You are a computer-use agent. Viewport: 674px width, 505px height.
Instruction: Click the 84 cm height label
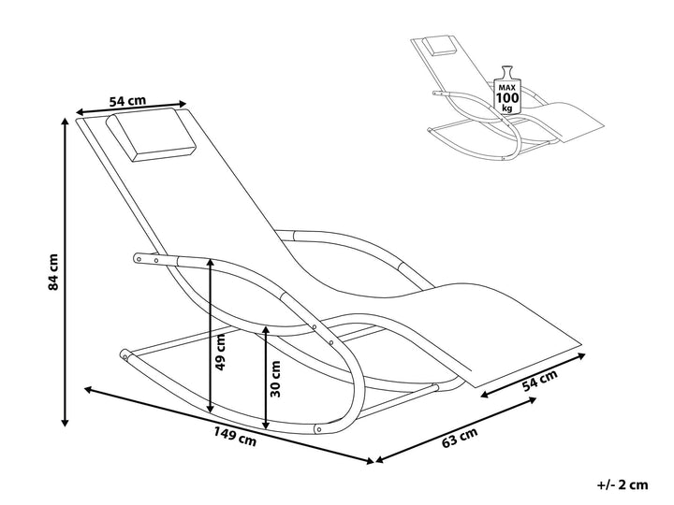coord(54,272)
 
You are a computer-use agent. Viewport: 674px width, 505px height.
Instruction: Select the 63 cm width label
coord(460,438)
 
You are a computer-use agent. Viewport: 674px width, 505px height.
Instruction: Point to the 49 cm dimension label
coord(221,352)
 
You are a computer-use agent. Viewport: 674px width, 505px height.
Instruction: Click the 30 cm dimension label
coord(275,379)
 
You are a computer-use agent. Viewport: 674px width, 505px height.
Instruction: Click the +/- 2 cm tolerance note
coord(623,484)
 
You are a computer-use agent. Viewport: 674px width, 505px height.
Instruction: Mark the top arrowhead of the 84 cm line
coord(66,120)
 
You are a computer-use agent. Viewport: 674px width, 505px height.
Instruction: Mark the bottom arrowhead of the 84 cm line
coord(66,423)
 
